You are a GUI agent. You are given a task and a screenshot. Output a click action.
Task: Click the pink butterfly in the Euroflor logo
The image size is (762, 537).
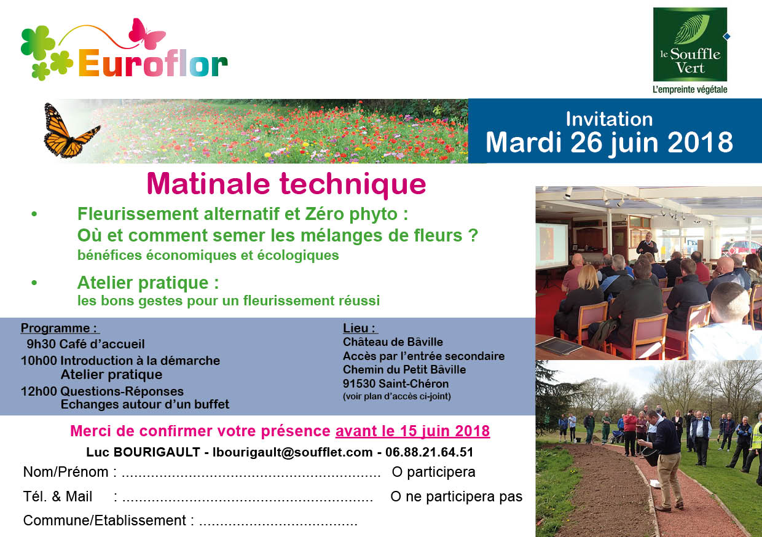(146, 34)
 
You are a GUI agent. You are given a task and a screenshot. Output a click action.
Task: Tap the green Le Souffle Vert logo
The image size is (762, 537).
(690, 44)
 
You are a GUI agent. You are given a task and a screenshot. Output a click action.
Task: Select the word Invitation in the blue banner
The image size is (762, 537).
(609, 119)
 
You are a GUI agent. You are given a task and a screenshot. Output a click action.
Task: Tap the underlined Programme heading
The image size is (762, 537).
(60, 328)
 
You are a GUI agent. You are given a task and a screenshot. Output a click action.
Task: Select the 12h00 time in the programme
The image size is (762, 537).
(39, 391)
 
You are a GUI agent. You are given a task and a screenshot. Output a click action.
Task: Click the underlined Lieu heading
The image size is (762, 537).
(360, 328)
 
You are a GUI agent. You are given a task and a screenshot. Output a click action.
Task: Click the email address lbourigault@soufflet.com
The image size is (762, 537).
(293, 452)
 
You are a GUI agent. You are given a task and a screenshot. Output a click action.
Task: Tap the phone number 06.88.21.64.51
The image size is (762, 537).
(429, 452)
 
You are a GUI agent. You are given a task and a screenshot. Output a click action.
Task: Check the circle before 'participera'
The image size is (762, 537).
(397, 472)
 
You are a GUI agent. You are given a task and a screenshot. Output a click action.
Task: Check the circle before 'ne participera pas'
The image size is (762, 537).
(396, 497)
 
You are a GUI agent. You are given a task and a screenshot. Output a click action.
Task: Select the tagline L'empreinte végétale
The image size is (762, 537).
(690, 90)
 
